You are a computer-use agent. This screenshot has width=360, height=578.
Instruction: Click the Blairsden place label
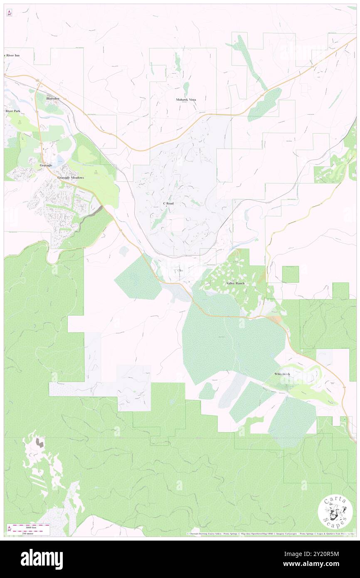pos(53,98)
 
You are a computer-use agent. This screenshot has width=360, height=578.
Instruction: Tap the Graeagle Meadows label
pos(70,178)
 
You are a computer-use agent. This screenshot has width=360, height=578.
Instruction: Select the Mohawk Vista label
pos(186,100)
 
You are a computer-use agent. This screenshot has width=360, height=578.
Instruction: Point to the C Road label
pos(168,203)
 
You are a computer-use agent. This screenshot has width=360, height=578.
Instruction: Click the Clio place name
pos(180,271)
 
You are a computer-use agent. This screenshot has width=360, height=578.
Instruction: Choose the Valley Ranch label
pos(235,283)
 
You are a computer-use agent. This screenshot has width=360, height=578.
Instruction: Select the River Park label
pos(12,111)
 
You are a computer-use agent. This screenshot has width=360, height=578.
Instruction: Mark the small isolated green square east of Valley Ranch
pos(290,274)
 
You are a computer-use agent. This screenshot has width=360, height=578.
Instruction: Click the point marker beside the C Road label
pos(165,206)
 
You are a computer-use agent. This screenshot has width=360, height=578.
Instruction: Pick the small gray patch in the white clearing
pos(40,442)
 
